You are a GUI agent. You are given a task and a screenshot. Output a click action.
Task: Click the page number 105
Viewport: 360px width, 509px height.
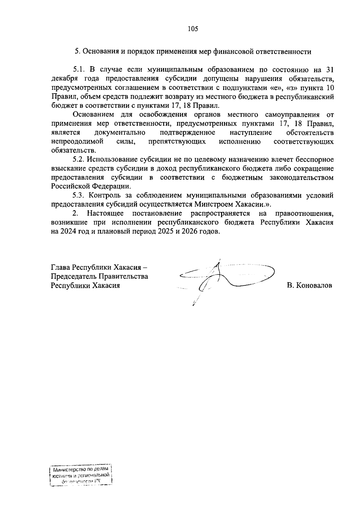[193, 29]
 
